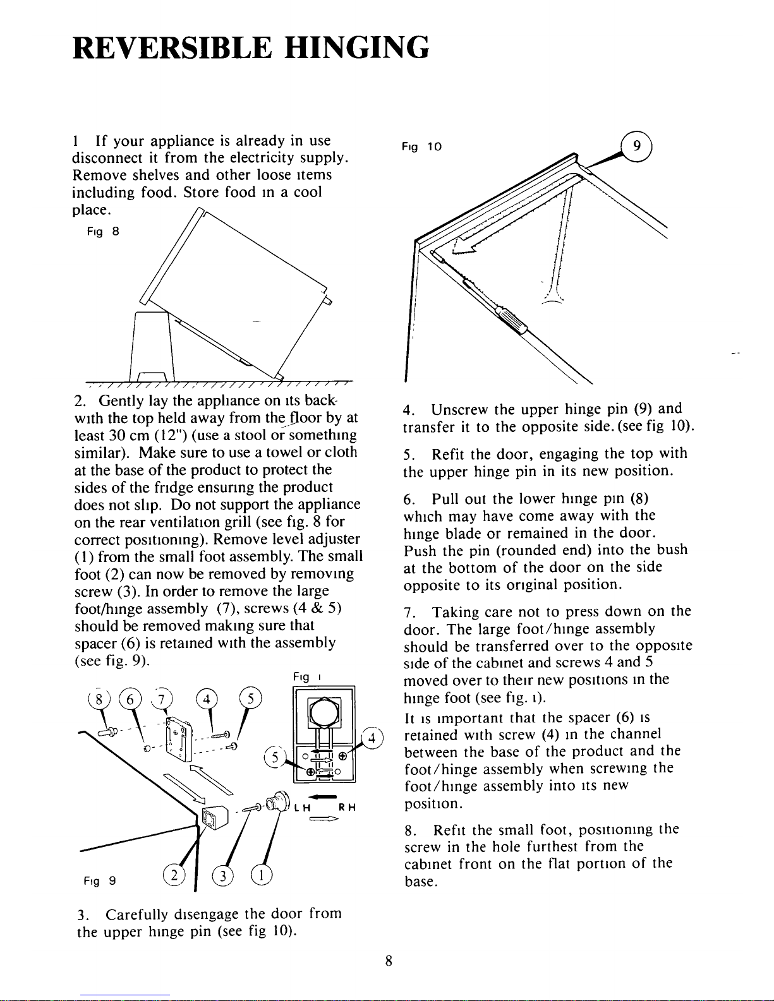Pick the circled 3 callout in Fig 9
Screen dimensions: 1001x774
coord(222,877)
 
